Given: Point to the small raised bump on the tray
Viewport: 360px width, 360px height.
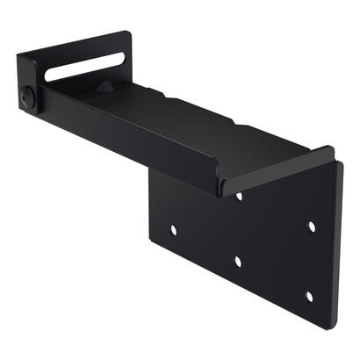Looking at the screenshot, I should [x=104, y=88].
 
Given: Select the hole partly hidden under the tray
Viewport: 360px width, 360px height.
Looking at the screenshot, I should [x=239, y=196].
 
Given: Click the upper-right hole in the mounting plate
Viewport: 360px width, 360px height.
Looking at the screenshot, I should [x=311, y=226].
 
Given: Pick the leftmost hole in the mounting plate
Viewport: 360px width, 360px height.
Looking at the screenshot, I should [x=173, y=229].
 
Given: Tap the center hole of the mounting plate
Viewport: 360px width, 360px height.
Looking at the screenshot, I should [x=238, y=261].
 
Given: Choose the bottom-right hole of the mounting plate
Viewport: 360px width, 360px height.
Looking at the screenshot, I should [x=308, y=295].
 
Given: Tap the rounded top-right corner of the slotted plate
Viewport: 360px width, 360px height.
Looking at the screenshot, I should [x=128, y=34].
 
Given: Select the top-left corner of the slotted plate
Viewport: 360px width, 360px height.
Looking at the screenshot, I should [x=18, y=56].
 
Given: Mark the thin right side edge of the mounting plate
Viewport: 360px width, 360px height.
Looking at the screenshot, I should [x=339, y=246].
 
